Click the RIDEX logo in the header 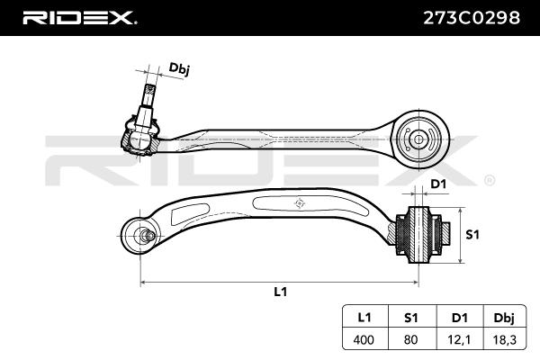(x=78, y=17)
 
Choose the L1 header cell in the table (x=364, y=317)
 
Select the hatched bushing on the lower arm (x=418, y=234)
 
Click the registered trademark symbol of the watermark (x=489, y=180)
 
